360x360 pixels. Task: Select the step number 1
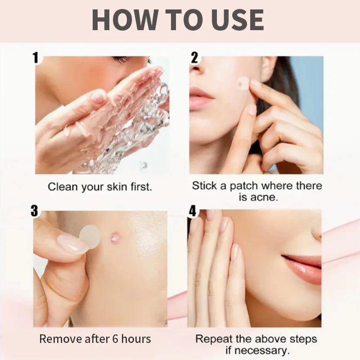[36, 58]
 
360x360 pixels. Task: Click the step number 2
[194, 58]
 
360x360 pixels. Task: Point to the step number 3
[34, 211]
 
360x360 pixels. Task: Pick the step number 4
[193, 211]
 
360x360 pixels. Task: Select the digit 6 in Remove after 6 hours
[115, 339]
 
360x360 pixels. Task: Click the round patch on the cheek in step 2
[243, 83]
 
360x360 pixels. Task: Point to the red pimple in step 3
[115, 237]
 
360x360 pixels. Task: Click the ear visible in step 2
[268, 68]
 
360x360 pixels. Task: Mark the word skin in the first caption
[117, 187]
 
